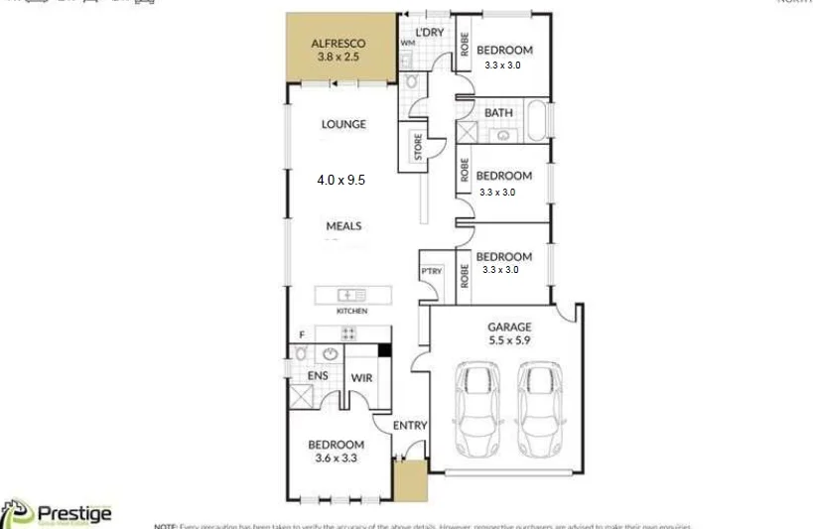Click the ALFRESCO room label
point(338,44)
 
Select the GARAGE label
point(509,327)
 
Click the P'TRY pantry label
point(432,271)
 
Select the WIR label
point(360,377)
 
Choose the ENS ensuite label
point(318,376)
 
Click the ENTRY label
point(410,426)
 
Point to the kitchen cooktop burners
point(348,334)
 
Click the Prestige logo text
point(73,513)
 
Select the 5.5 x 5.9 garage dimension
point(509,340)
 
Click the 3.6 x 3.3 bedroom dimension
point(336,459)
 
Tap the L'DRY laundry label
point(429,33)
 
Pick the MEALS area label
point(343,225)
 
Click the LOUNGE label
point(343,124)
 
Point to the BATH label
point(498,112)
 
